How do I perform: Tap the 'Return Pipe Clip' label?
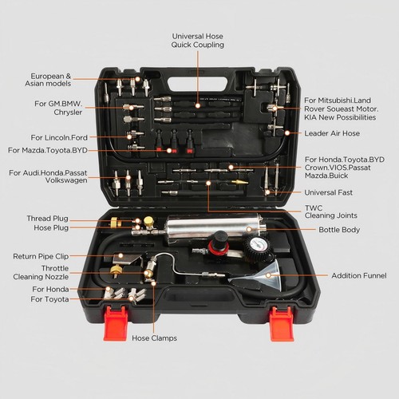47,256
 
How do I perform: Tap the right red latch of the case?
281,325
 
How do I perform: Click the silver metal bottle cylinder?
211,227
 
